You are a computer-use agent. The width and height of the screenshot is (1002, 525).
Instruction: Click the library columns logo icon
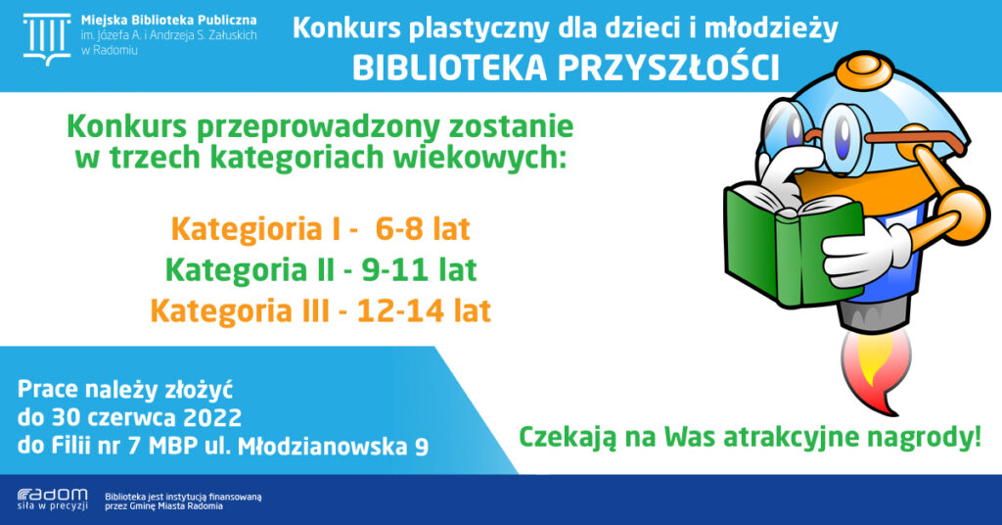tap(47, 39)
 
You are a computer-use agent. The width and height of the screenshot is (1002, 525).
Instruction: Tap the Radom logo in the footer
tap(53, 500)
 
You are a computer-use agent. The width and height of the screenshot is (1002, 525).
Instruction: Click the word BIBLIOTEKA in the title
tap(449, 69)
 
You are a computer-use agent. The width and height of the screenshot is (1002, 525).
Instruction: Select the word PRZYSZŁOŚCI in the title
tap(669, 67)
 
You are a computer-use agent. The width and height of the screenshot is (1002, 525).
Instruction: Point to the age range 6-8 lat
tap(423, 229)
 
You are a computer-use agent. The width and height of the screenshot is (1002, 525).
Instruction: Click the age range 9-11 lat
tap(419, 270)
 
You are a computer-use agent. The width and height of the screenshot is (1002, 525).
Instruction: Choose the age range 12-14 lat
tap(425, 310)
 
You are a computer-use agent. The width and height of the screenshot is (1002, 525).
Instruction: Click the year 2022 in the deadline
tap(212, 417)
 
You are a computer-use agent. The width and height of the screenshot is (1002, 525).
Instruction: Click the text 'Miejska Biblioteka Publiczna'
tap(168, 21)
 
